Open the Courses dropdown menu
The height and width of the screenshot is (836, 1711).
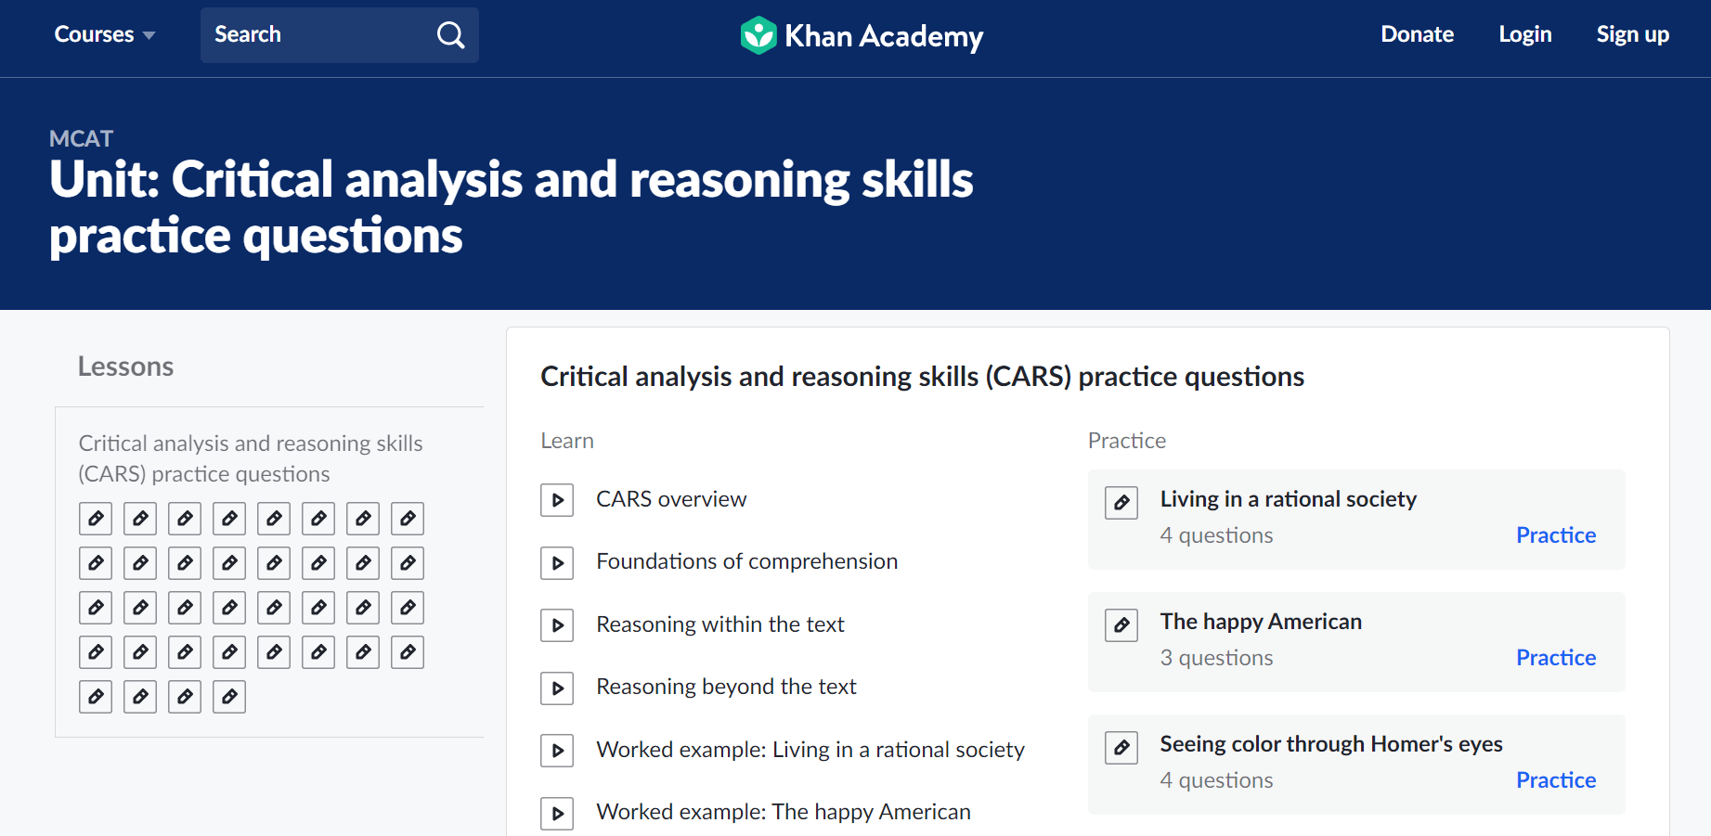[x=104, y=35]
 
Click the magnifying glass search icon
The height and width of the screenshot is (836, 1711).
[x=450, y=35]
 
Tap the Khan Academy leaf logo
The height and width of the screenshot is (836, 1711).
[x=758, y=35]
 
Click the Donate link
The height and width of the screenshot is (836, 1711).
[x=1417, y=35]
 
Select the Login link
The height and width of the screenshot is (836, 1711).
[x=1524, y=35]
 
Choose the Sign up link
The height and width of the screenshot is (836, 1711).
[x=1632, y=35]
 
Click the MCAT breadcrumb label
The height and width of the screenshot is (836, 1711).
[x=81, y=138]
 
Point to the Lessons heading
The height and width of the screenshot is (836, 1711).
[x=125, y=367]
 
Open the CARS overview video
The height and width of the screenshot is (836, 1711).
[x=670, y=499]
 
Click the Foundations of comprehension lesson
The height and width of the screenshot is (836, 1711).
[x=746, y=561]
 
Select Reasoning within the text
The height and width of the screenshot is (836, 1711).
[x=719, y=624]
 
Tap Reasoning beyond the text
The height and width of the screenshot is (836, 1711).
[x=726, y=687]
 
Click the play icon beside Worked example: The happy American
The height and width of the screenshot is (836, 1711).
[x=557, y=813]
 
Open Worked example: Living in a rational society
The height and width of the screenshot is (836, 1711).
[x=810, y=750]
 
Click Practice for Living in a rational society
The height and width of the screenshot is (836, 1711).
[x=1555, y=535]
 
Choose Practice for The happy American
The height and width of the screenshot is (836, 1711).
[x=1555, y=658]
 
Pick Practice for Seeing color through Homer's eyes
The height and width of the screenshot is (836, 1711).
[x=1555, y=780]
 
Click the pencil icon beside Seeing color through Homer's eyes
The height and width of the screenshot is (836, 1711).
[x=1121, y=747]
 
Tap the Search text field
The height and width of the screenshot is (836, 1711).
[x=316, y=35]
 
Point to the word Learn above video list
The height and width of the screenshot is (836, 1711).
[x=567, y=441]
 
